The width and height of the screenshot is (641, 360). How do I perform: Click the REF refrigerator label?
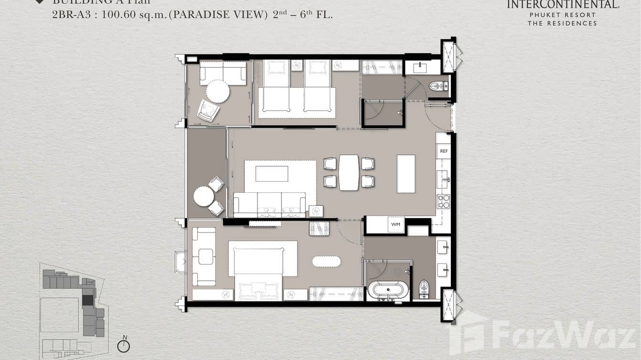click(444, 151)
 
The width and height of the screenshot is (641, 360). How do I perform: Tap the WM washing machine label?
click(395, 224)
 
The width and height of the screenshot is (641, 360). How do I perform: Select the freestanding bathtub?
click(388, 290)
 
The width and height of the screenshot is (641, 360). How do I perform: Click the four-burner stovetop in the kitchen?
click(444, 201)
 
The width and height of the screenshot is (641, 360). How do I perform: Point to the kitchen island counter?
click(406, 173)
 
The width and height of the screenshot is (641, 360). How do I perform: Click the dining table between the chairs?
click(349, 172)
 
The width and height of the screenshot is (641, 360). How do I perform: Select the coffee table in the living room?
click(272, 173)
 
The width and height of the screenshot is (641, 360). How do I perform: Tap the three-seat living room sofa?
click(269, 204)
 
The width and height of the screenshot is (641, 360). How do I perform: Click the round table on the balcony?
click(204, 196)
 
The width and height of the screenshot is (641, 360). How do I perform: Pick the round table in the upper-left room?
click(218, 91)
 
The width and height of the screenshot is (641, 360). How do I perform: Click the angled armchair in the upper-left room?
click(208, 111)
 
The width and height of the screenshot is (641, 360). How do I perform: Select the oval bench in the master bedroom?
click(327, 262)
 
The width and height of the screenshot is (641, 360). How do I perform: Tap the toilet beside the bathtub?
click(424, 289)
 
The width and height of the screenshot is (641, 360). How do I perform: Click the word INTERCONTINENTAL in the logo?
click(562, 5)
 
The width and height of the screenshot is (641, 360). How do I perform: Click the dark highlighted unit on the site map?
click(88, 300)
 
